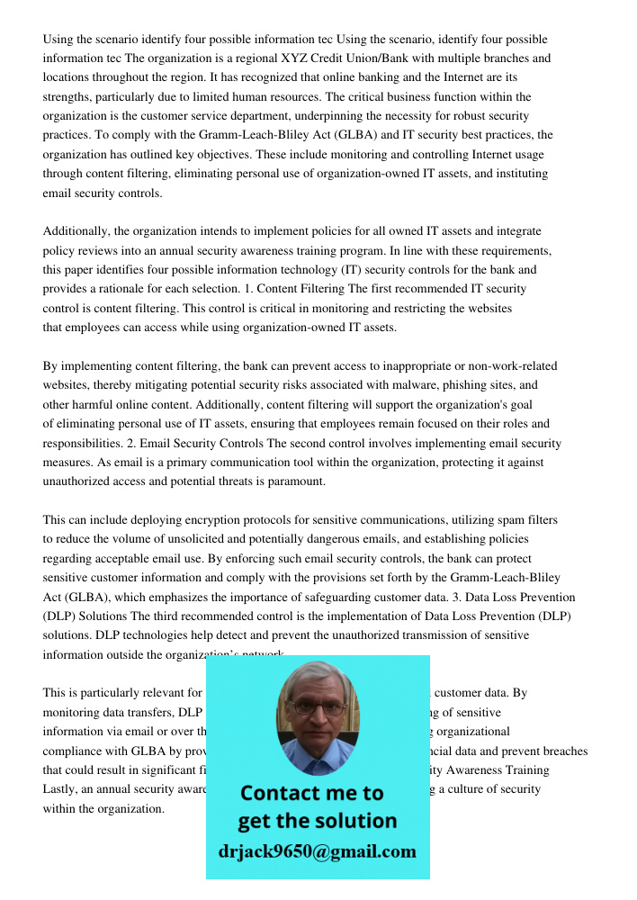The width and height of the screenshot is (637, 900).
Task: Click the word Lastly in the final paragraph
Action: tap(60, 789)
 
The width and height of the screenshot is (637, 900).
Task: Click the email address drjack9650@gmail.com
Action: tap(317, 851)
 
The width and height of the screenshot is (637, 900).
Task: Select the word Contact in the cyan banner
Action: tap(284, 793)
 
